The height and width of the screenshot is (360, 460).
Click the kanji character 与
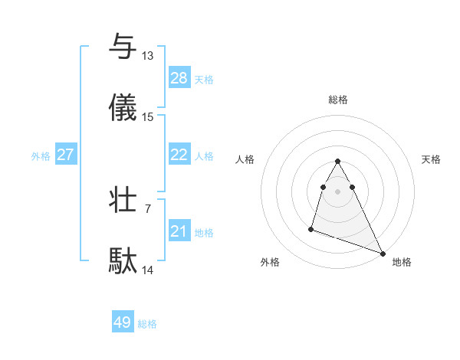[x=123, y=47]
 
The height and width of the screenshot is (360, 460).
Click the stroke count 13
[x=148, y=56]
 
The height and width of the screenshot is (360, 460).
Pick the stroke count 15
[x=148, y=117]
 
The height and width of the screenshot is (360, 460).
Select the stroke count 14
[x=148, y=270]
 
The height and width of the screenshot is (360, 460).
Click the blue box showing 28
[x=179, y=78]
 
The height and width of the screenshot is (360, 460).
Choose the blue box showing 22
[x=179, y=155]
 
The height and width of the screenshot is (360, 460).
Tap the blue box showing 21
[x=179, y=231]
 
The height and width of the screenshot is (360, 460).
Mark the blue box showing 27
[x=66, y=155]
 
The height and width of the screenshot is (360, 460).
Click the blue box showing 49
[x=123, y=322]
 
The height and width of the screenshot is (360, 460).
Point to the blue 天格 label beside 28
[x=204, y=80]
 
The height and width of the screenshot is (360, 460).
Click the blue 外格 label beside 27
[x=41, y=156]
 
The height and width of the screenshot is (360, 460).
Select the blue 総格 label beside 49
[x=147, y=324]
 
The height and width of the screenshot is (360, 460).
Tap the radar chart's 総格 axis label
[x=338, y=100]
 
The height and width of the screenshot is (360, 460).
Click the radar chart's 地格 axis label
[x=402, y=262]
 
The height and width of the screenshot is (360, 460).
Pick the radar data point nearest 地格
[x=383, y=254]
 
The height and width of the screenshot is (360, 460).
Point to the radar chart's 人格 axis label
[x=245, y=159]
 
